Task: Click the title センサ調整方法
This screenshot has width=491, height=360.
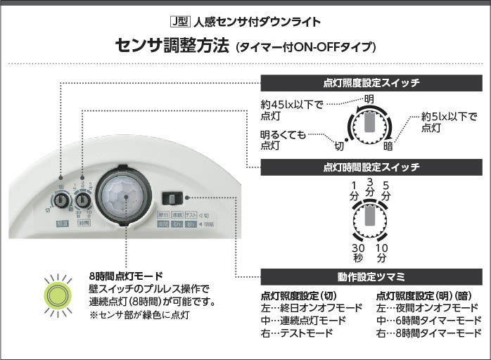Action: [x=172, y=46]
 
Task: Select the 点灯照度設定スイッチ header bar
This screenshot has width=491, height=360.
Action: [x=371, y=82]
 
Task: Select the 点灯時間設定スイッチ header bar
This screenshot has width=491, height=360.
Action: [x=371, y=167]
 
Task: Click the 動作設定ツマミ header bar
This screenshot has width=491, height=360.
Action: [x=371, y=275]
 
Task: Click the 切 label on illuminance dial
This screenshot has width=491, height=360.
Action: [x=339, y=146]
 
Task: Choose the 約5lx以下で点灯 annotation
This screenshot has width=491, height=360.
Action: [x=449, y=122]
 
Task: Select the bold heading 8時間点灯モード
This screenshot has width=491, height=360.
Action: [x=126, y=276]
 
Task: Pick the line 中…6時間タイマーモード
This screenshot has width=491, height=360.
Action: [x=428, y=320]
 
